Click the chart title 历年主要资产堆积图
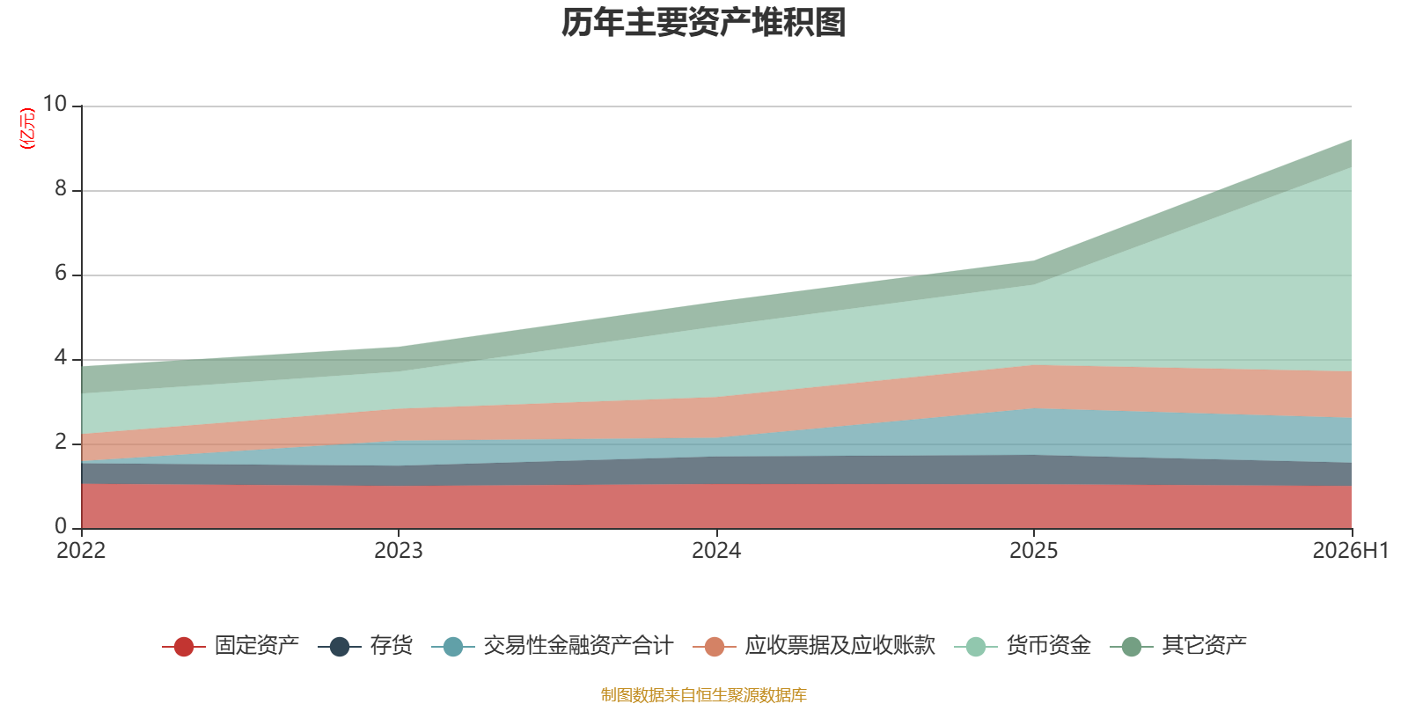coord(703,23)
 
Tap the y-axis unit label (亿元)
coord(27,128)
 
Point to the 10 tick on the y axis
coord(55,104)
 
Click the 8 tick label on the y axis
coord(61,188)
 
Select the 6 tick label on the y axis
coord(61,273)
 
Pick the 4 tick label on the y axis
coord(61,357)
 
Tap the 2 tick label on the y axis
coord(61,442)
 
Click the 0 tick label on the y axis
coord(61,525)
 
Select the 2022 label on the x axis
coord(81,551)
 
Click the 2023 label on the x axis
coord(399,551)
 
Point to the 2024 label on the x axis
coord(716,551)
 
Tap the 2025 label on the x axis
coord(1034,551)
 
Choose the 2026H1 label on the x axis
coord(1350,551)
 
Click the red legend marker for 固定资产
coord(184,646)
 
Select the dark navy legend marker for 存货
coord(340,646)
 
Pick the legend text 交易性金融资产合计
coord(578,646)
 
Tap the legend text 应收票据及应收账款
coord(840,646)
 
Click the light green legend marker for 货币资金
coord(976,646)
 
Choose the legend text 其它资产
coord(1204,646)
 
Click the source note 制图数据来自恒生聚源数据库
coord(703,694)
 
